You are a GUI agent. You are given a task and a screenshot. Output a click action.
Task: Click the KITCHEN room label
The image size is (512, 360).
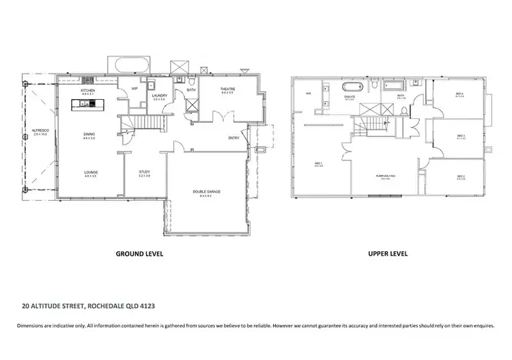pyautogui.click(x=88, y=90)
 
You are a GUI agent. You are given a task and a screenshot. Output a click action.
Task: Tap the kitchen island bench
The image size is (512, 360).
pyautogui.click(x=88, y=104)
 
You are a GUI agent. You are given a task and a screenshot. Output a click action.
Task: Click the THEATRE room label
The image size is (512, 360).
pyautogui.click(x=227, y=89)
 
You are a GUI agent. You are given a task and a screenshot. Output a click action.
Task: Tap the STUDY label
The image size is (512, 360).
pyautogui.click(x=144, y=171)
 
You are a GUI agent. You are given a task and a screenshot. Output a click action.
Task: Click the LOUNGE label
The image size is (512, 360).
pyautogui.click(x=90, y=171)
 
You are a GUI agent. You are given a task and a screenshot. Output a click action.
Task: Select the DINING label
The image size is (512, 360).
pyautogui.click(x=89, y=135)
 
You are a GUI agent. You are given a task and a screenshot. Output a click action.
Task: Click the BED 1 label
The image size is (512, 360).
pyautogui.click(x=318, y=163)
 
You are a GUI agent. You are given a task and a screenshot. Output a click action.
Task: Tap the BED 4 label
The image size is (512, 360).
pyautogui.click(x=459, y=94)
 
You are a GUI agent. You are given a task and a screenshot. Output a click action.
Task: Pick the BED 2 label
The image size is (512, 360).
pyautogui.click(x=461, y=177)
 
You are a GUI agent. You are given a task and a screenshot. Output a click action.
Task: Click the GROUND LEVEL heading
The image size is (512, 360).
pyautogui.click(x=139, y=253)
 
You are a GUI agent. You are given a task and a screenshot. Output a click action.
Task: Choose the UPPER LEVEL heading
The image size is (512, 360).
pyautogui.click(x=388, y=253)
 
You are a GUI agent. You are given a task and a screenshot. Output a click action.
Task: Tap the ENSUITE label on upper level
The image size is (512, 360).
pyautogui.click(x=349, y=97)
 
